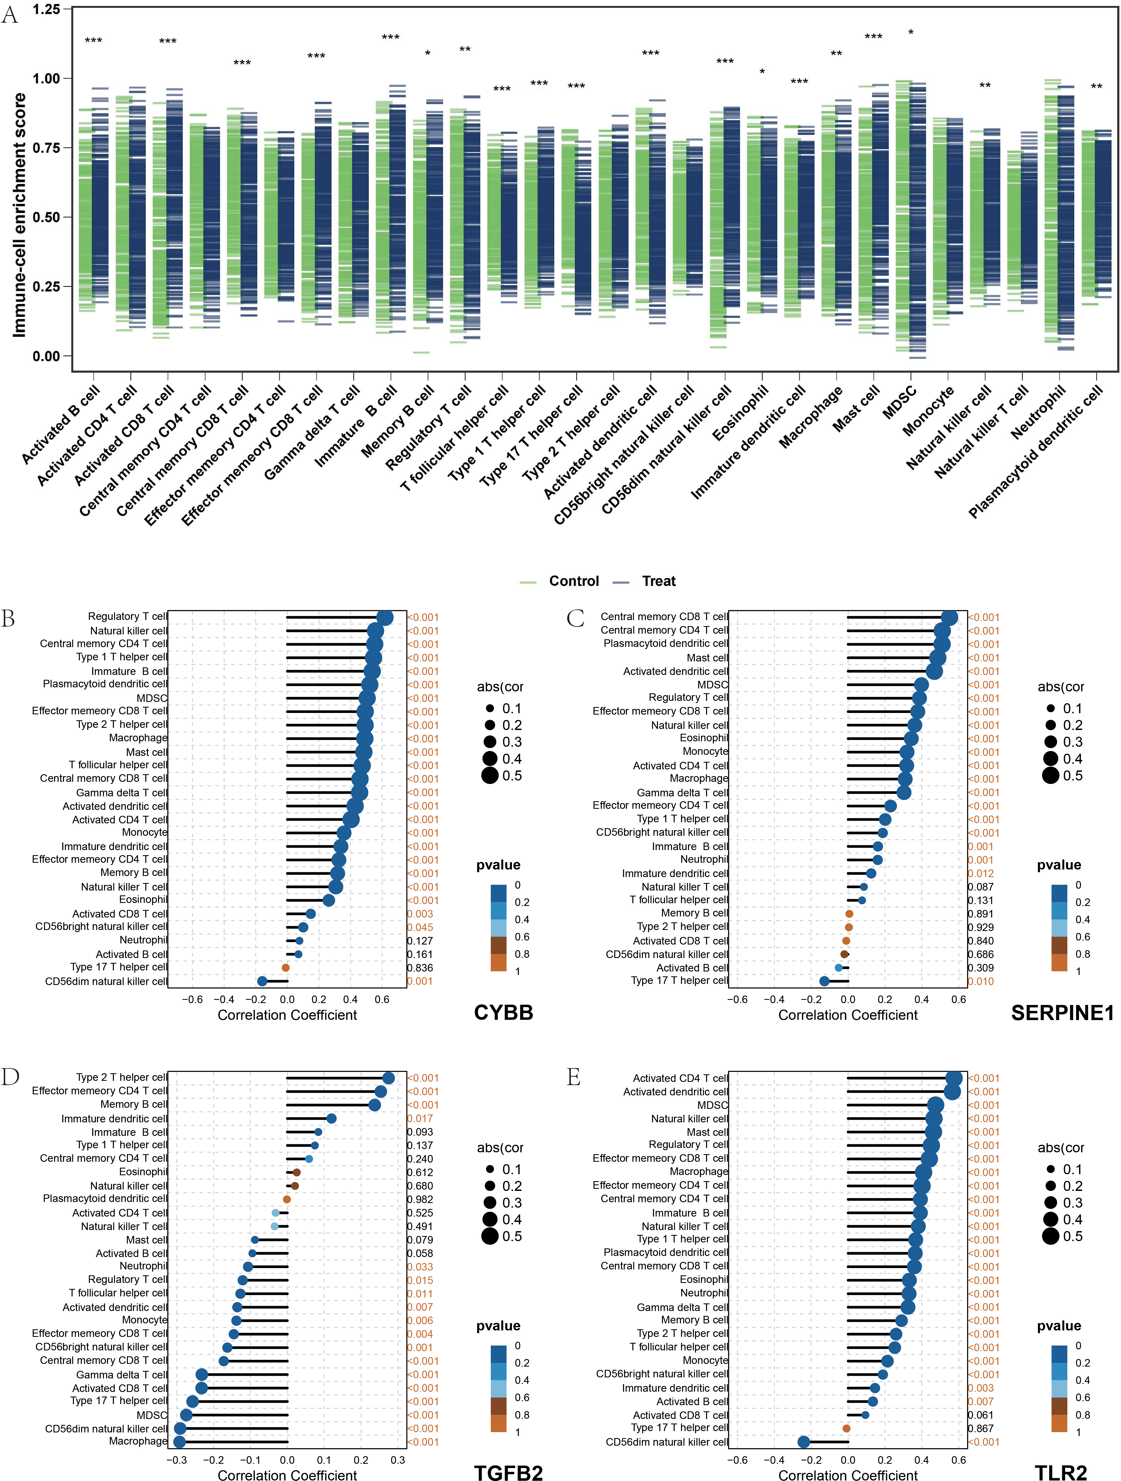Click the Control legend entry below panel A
559,581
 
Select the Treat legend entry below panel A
644,581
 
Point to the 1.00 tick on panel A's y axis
46,78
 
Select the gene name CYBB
504,1012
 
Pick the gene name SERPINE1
1063,1012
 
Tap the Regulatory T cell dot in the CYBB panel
385,617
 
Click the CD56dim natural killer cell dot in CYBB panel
262,981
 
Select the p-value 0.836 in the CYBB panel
420,967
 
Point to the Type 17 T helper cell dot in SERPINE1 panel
824,981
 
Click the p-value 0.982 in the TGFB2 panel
420,1199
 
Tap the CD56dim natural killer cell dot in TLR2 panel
804,1442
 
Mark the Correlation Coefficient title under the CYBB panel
287,1015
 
